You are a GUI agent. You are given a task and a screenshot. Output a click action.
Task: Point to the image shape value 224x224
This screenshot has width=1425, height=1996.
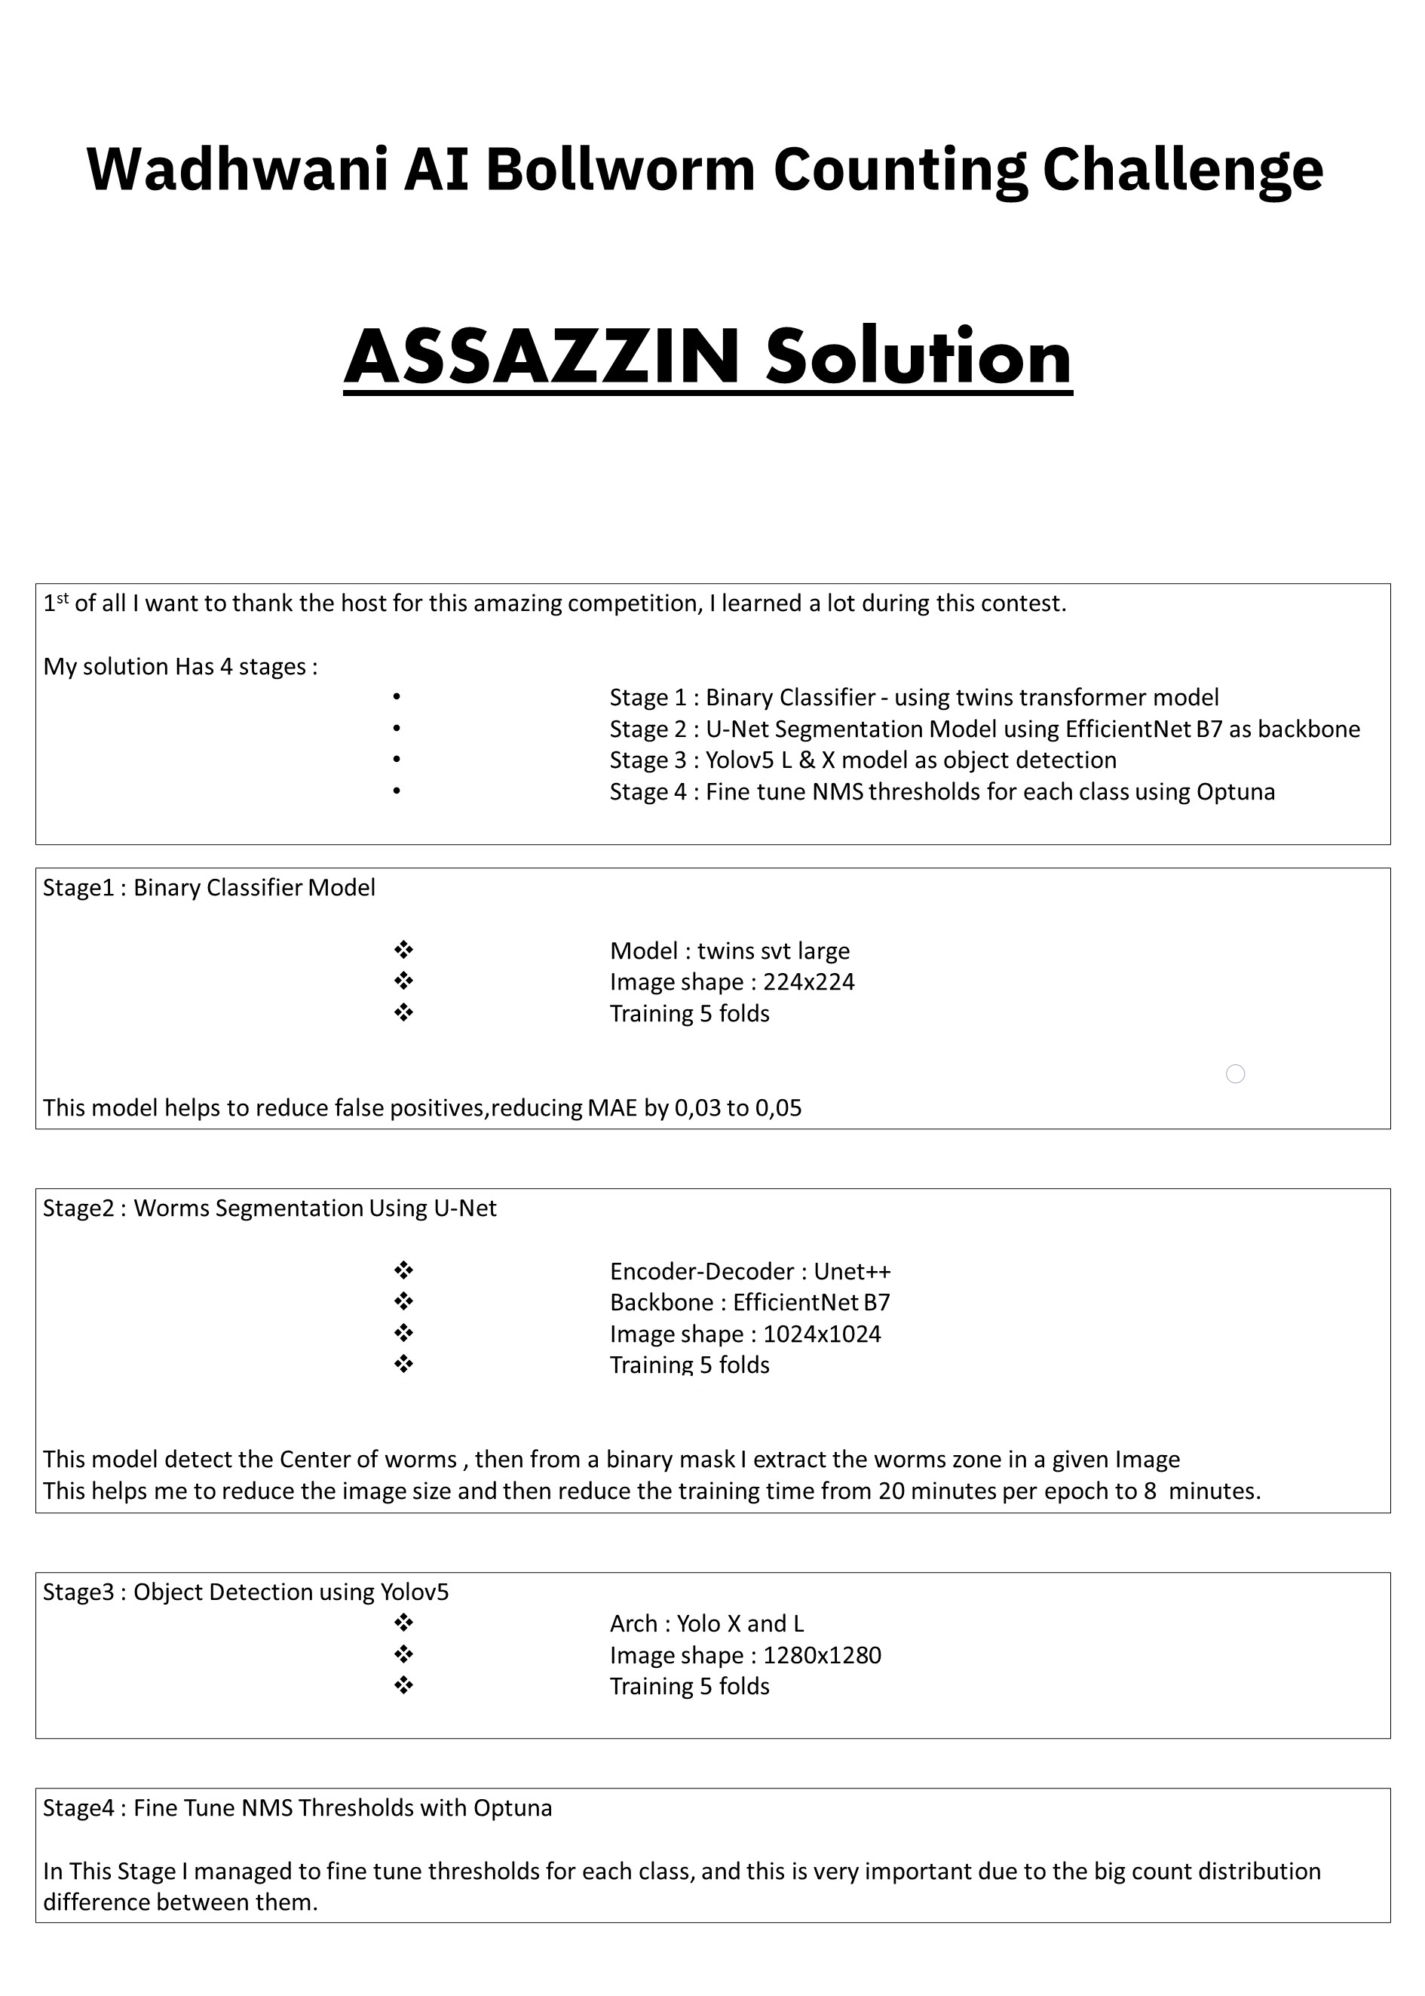[808, 981]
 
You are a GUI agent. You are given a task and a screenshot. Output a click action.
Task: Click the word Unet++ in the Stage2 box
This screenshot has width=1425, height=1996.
[852, 1271]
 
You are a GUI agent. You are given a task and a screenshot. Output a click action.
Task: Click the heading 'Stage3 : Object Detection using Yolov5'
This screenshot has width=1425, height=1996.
[246, 1592]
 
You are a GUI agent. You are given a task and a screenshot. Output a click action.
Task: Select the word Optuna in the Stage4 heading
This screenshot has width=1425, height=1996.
[513, 1807]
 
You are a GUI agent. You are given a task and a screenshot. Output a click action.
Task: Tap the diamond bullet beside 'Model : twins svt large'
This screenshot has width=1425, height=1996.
[403, 950]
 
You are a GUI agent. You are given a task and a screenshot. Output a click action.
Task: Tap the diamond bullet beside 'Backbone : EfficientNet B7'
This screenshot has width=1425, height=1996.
[403, 1302]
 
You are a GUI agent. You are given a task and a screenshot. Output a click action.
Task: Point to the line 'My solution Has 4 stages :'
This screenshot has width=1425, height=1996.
[180, 666]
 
